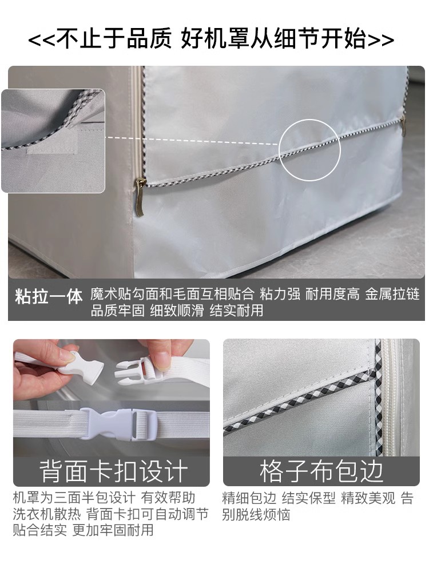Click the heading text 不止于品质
pyautogui.click(x=114, y=39)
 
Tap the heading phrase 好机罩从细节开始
pyautogui.click(x=274, y=39)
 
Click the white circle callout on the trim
pyautogui.click(x=309, y=150)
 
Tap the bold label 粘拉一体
pyautogui.click(x=49, y=296)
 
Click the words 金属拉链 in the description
pyautogui.click(x=392, y=294)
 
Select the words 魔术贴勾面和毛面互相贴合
pyautogui.click(x=172, y=294)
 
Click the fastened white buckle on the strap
pyautogui.click(x=117, y=423)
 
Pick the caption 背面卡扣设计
pyautogui.click(x=113, y=471)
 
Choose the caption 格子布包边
pyautogui.click(x=321, y=471)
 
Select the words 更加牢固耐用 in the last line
pyautogui.click(x=113, y=530)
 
